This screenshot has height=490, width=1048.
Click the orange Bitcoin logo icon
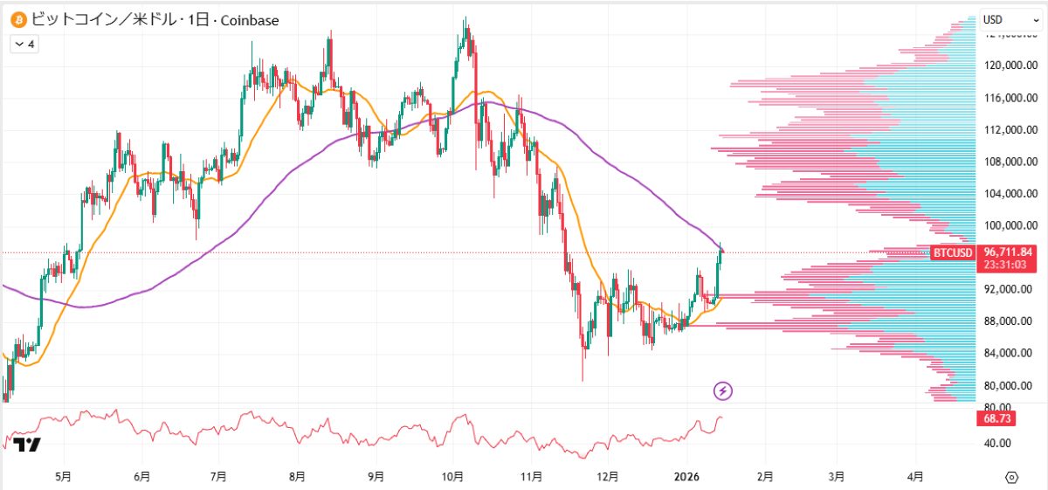pos(18,19)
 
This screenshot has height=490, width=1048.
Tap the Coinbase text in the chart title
pos(250,19)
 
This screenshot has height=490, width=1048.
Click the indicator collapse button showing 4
pos(24,44)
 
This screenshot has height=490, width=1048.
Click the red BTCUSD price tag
pos(952,253)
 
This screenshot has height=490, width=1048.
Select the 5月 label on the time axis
pos(63,477)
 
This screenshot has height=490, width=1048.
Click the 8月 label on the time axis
pos(297,477)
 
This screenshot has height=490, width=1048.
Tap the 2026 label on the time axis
pos(686,477)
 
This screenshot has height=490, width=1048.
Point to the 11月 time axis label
pos(531,477)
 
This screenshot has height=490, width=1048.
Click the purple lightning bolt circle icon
pos(723,390)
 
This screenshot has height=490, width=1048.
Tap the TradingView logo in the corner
pos(28,445)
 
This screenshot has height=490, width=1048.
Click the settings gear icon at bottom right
pos(1011,477)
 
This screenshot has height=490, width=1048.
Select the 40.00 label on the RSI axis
pos(998,443)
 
